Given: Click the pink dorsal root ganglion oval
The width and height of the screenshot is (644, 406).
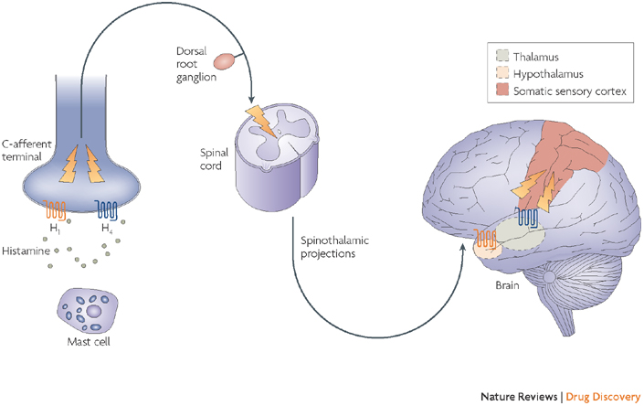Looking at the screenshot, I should point(223,61).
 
